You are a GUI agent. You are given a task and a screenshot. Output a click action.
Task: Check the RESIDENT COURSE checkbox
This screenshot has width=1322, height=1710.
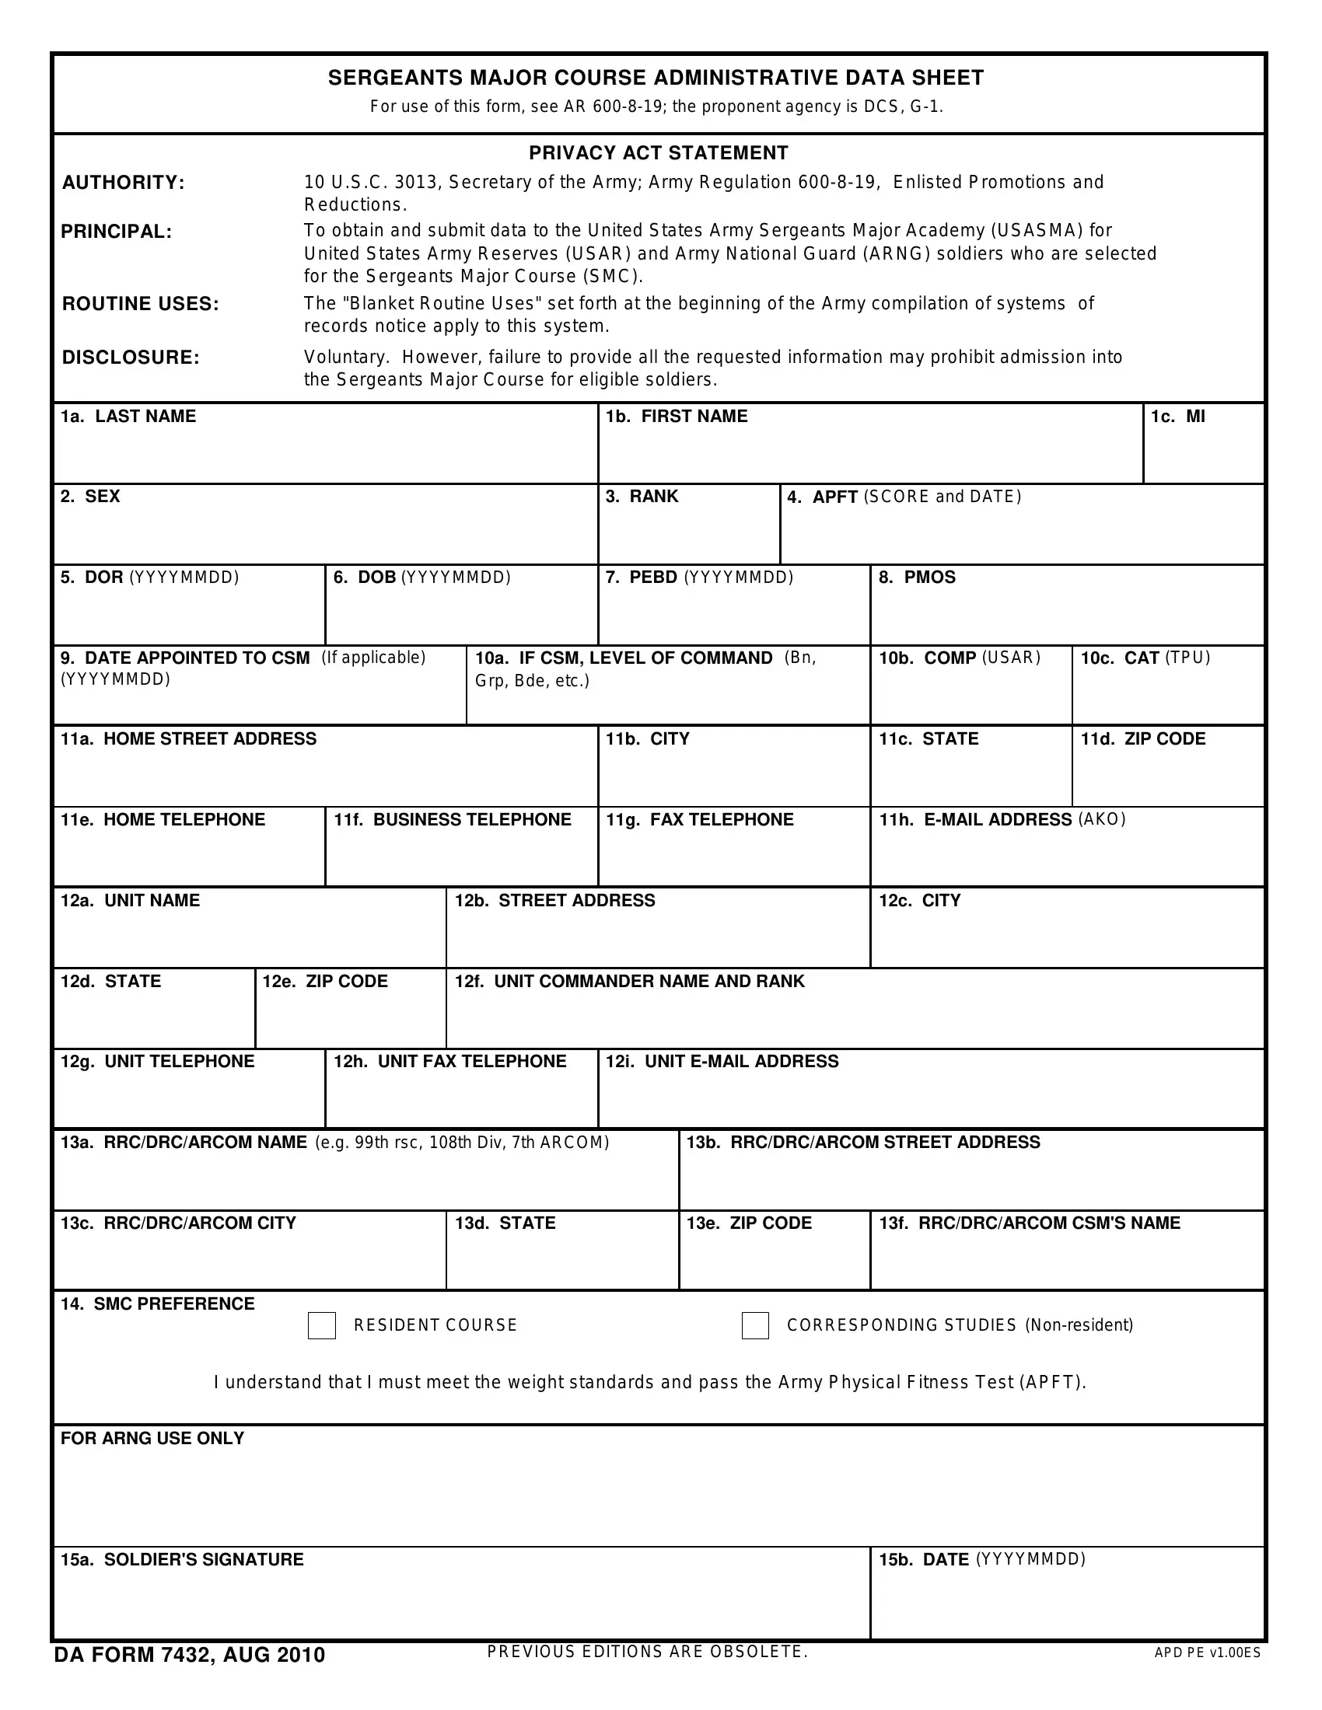click(321, 1325)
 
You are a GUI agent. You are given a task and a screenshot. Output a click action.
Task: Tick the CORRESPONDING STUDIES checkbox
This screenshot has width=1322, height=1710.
click(755, 1325)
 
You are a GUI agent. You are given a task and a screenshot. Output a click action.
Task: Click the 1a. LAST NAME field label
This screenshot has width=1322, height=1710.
click(128, 417)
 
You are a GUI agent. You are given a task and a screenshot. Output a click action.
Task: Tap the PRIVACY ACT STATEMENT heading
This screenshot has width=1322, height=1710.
click(659, 152)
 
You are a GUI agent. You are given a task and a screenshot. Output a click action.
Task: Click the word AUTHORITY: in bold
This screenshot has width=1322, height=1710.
click(123, 183)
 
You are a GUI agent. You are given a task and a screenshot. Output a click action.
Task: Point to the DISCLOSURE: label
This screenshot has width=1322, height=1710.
click(131, 358)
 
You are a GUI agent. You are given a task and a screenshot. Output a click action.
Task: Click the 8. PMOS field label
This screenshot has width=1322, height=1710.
click(917, 578)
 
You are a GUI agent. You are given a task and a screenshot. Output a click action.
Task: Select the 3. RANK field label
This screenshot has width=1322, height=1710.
click(642, 497)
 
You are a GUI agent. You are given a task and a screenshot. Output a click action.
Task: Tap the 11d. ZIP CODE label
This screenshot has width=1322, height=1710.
click(1142, 739)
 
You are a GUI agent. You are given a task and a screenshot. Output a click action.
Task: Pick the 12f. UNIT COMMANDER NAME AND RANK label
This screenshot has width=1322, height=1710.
click(630, 982)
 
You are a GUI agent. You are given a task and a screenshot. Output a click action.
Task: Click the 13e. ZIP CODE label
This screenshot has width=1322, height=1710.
click(749, 1223)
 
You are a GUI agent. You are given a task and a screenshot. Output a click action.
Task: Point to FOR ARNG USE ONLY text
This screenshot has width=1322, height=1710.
click(152, 1438)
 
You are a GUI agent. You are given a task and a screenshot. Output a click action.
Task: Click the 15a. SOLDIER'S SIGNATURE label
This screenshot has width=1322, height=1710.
click(182, 1560)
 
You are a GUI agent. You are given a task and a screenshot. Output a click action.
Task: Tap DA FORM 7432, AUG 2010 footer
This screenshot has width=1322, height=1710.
click(190, 1655)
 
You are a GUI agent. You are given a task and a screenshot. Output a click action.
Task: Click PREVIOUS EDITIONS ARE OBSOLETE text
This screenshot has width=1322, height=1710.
click(647, 1652)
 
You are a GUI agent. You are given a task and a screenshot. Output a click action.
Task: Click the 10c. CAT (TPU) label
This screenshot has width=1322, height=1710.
click(1145, 658)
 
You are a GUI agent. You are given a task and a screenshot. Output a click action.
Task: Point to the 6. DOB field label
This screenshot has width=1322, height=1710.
click(421, 578)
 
